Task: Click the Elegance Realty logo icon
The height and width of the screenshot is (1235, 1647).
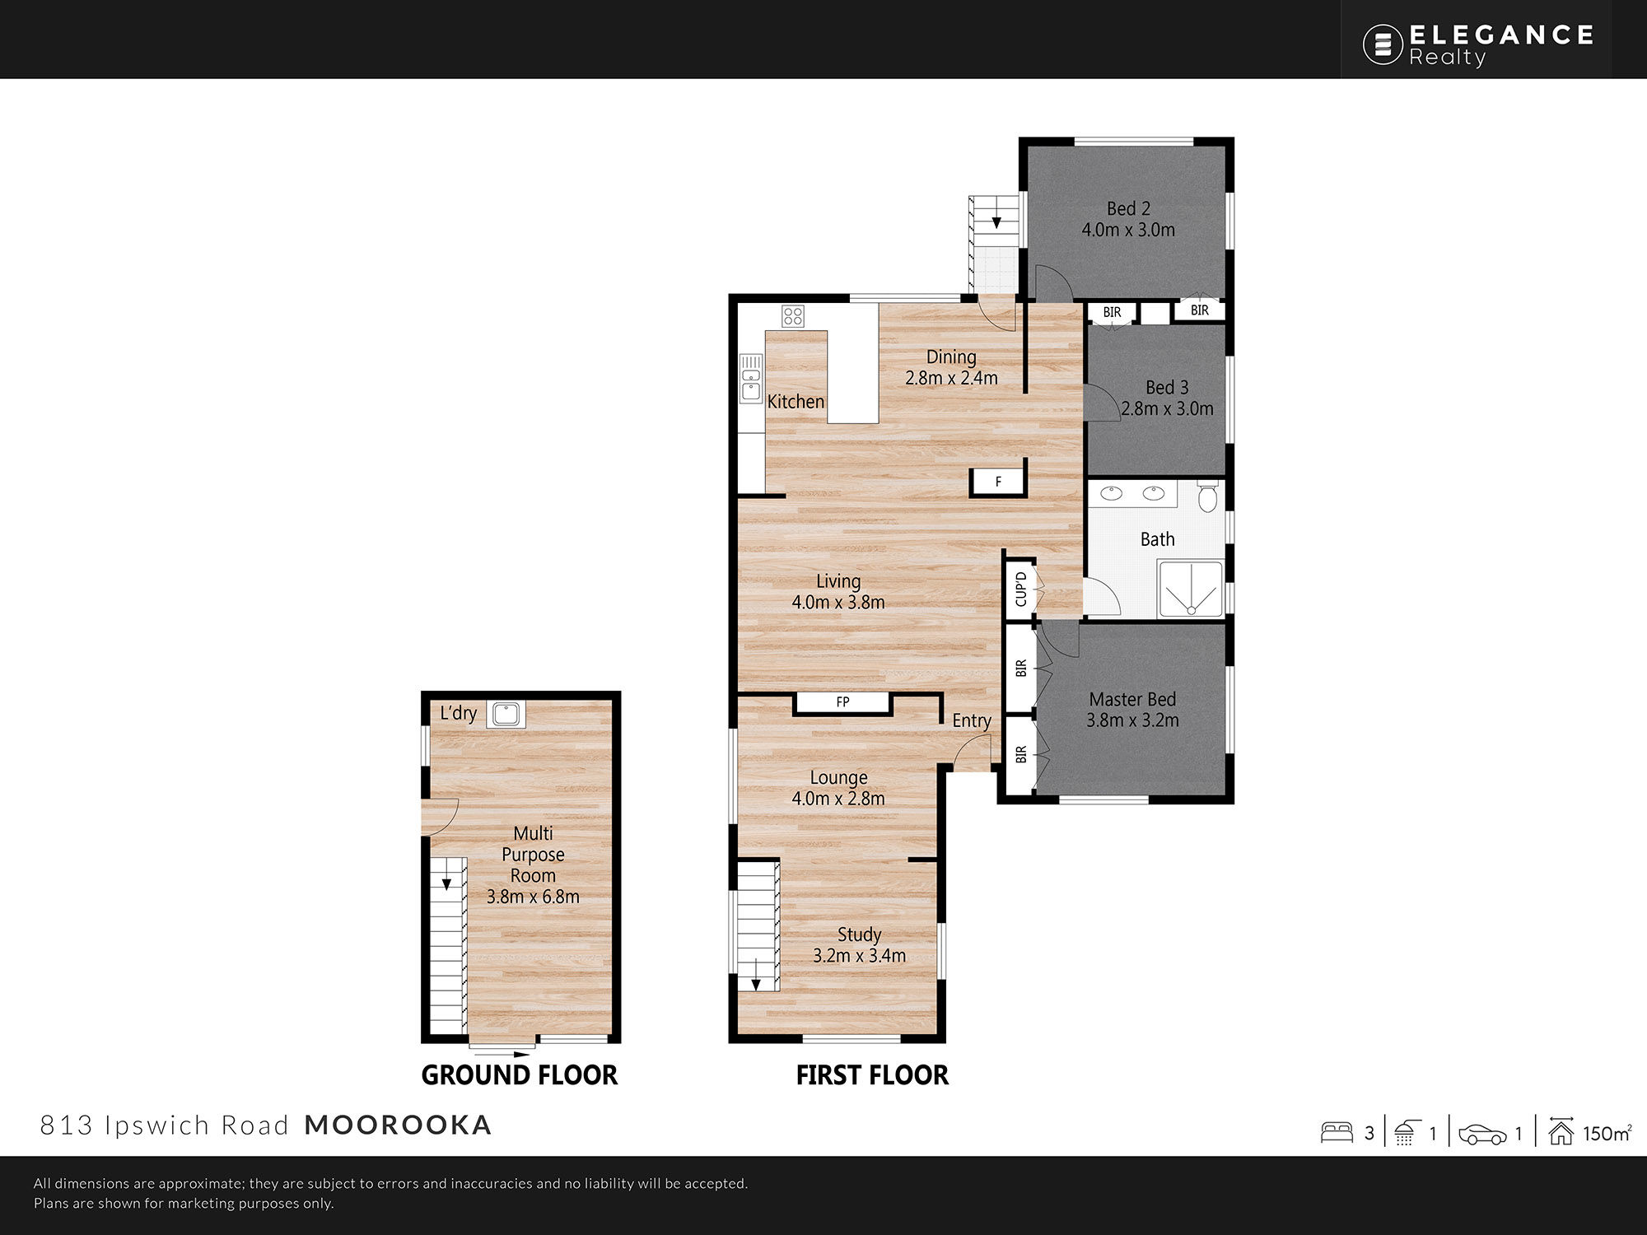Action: tap(1383, 44)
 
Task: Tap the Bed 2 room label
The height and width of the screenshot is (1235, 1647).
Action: tap(1128, 209)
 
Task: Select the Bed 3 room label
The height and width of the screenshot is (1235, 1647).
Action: tap(1167, 387)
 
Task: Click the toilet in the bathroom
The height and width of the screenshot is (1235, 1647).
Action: tap(1207, 496)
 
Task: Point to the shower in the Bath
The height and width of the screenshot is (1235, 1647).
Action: tap(1191, 588)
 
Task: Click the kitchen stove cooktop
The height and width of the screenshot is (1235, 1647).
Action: tap(793, 316)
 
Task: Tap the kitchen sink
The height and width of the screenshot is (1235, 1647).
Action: tap(751, 378)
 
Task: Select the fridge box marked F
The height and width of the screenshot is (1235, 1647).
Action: tap(998, 481)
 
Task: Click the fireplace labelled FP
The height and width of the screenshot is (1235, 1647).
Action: tap(842, 702)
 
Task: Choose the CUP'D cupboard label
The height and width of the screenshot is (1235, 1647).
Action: tap(1021, 589)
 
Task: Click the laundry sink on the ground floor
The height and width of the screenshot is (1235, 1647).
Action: tap(505, 714)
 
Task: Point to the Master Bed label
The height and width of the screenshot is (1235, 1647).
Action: tap(1132, 699)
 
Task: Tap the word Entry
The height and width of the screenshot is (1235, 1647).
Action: tap(972, 720)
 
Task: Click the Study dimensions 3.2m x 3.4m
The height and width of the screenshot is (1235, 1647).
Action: tap(859, 955)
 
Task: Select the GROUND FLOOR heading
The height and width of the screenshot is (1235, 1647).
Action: tap(519, 1074)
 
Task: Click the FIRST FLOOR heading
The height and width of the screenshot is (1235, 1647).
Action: tap(872, 1074)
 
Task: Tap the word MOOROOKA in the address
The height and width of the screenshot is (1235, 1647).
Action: tap(398, 1125)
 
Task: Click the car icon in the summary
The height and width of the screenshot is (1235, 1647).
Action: tap(1482, 1135)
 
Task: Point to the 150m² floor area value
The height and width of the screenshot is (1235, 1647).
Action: tap(1607, 1133)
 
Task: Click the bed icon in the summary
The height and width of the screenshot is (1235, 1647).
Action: tap(1337, 1133)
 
